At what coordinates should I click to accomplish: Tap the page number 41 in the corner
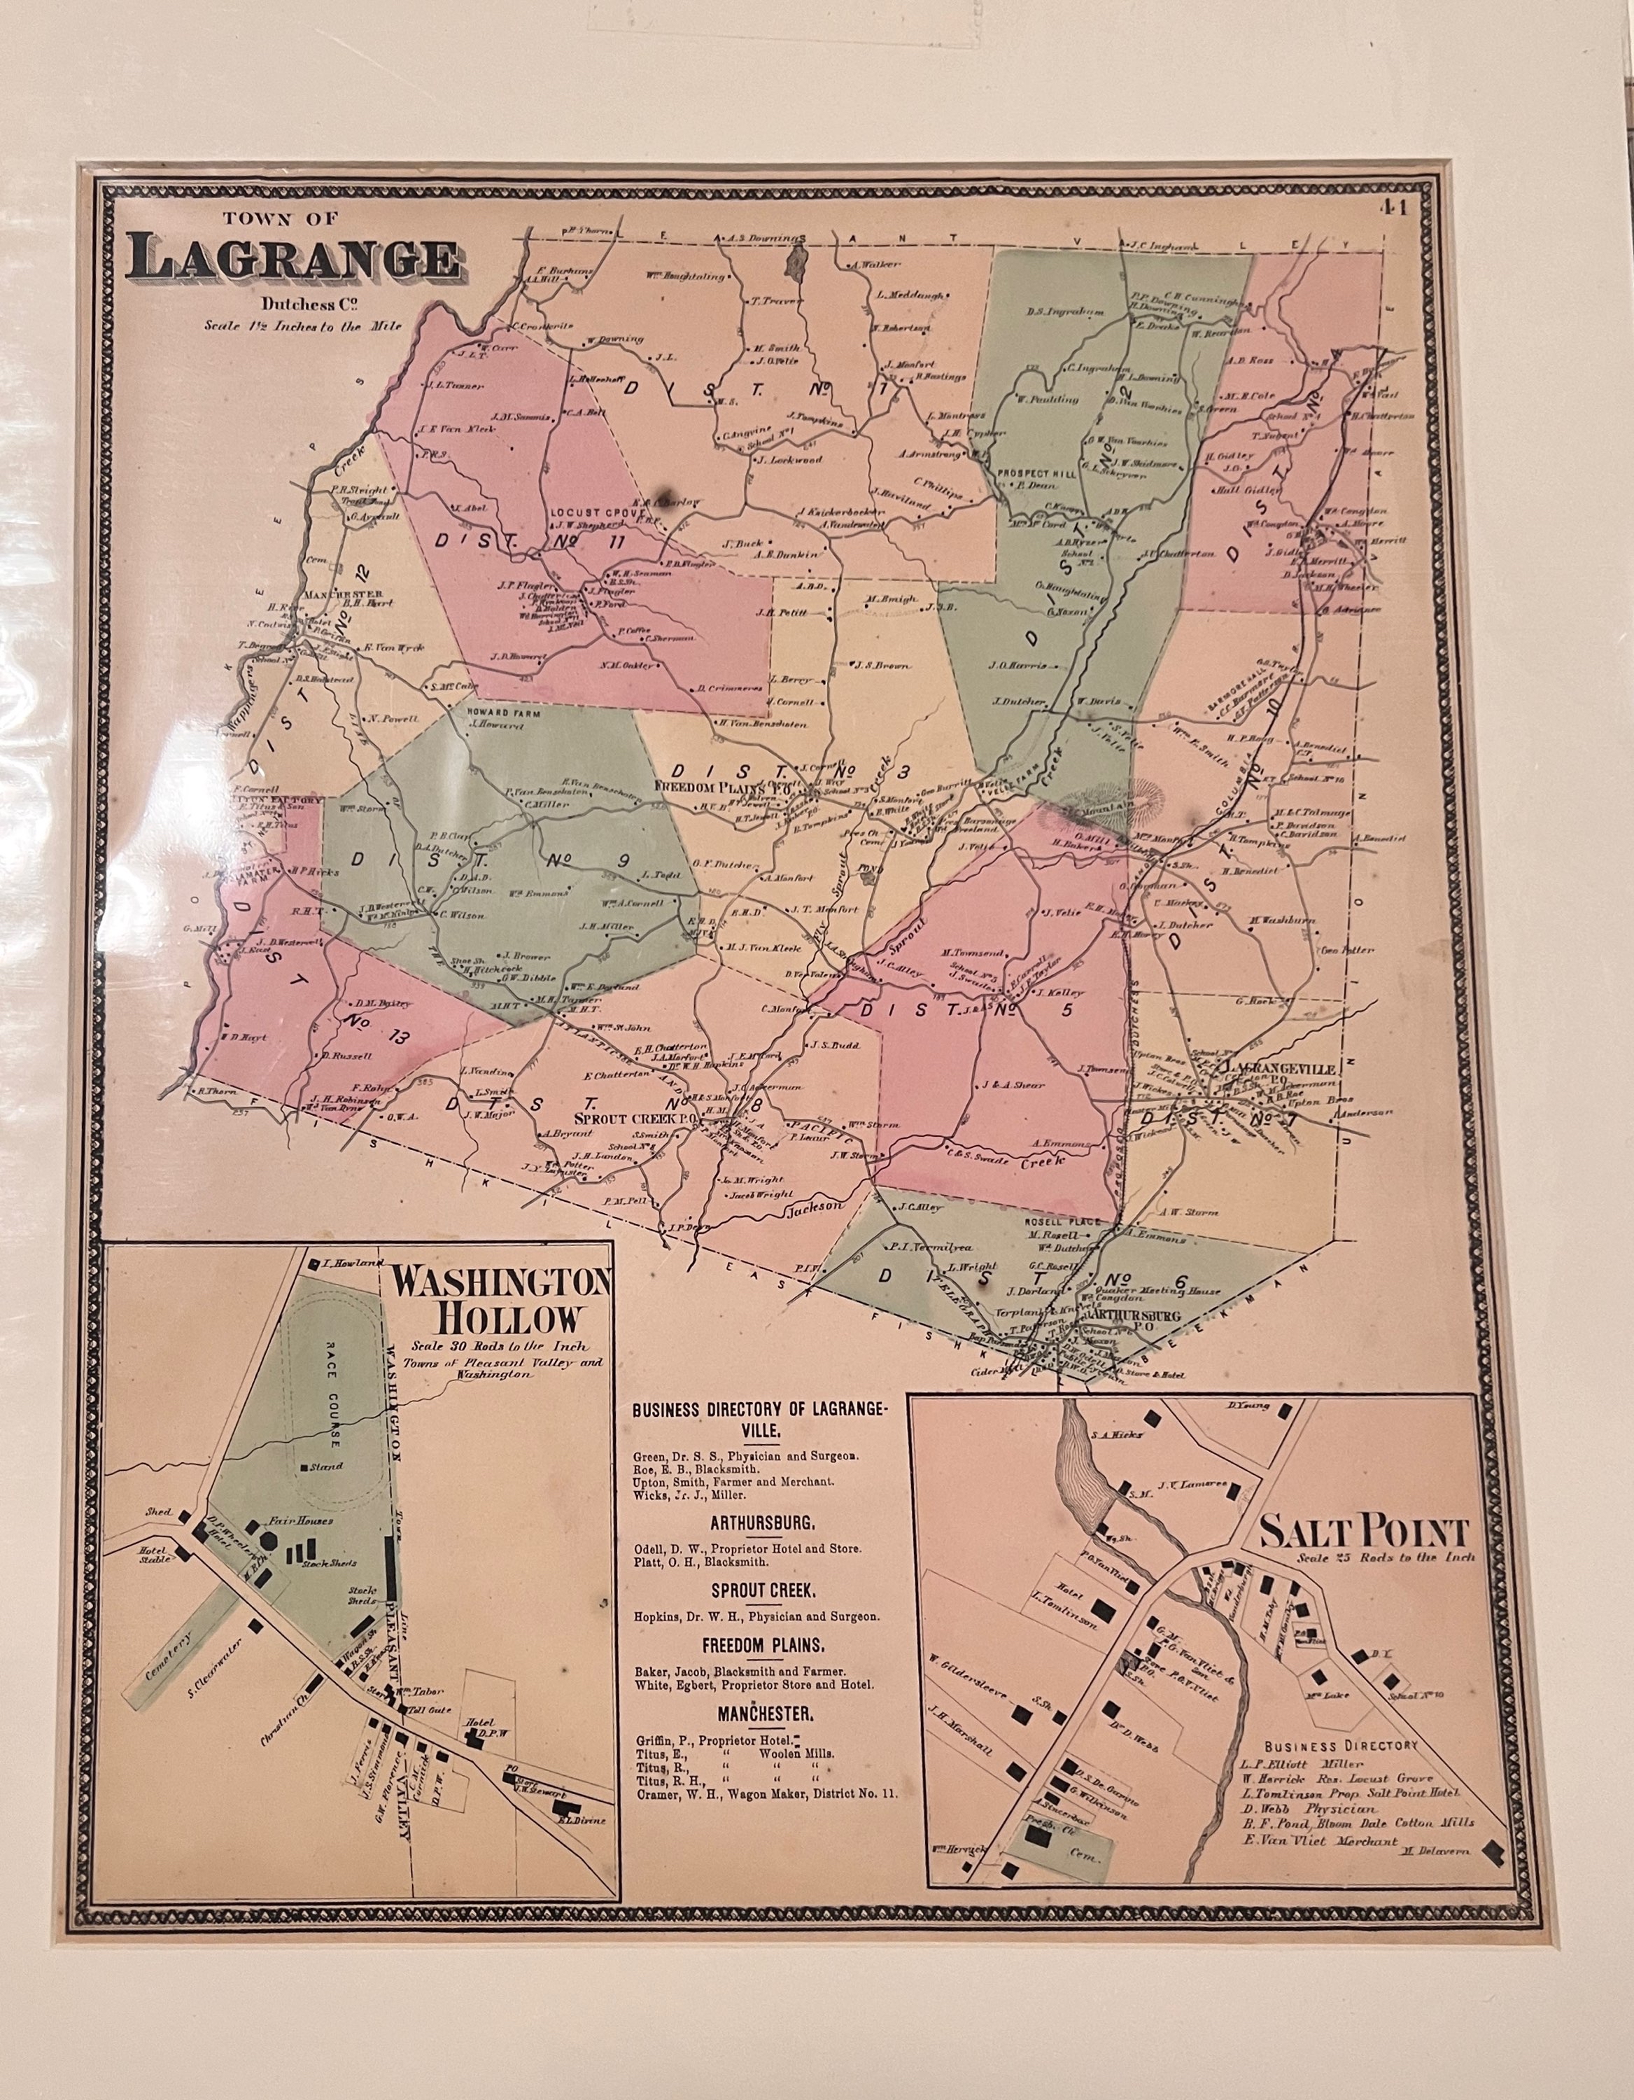(1392, 209)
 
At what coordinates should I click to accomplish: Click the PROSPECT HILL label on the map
(1031, 473)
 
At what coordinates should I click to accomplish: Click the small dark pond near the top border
(796, 260)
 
